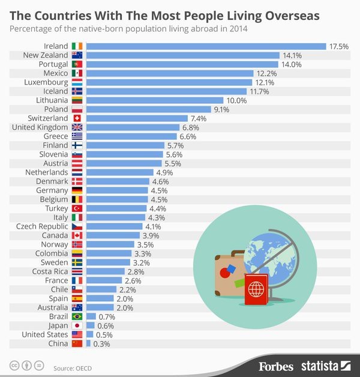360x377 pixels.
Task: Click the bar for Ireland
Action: [x=206, y=46]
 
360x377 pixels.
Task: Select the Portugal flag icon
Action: [x=77, y=64]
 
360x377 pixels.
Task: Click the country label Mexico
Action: [x=55, y=73]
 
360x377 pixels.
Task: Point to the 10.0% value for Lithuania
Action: [x=236, y=100]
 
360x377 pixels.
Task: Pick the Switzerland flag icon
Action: [x=77, y=118]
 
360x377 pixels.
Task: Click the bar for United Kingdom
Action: [x=133, y=127]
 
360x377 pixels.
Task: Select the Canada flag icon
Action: [x=77, y=235]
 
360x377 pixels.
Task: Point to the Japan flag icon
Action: [x=77, y=325]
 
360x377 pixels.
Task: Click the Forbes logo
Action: [x=276, y=365]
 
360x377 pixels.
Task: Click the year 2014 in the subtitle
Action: [x=237, y=28]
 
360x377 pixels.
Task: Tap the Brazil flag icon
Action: [x=77, y=316]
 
